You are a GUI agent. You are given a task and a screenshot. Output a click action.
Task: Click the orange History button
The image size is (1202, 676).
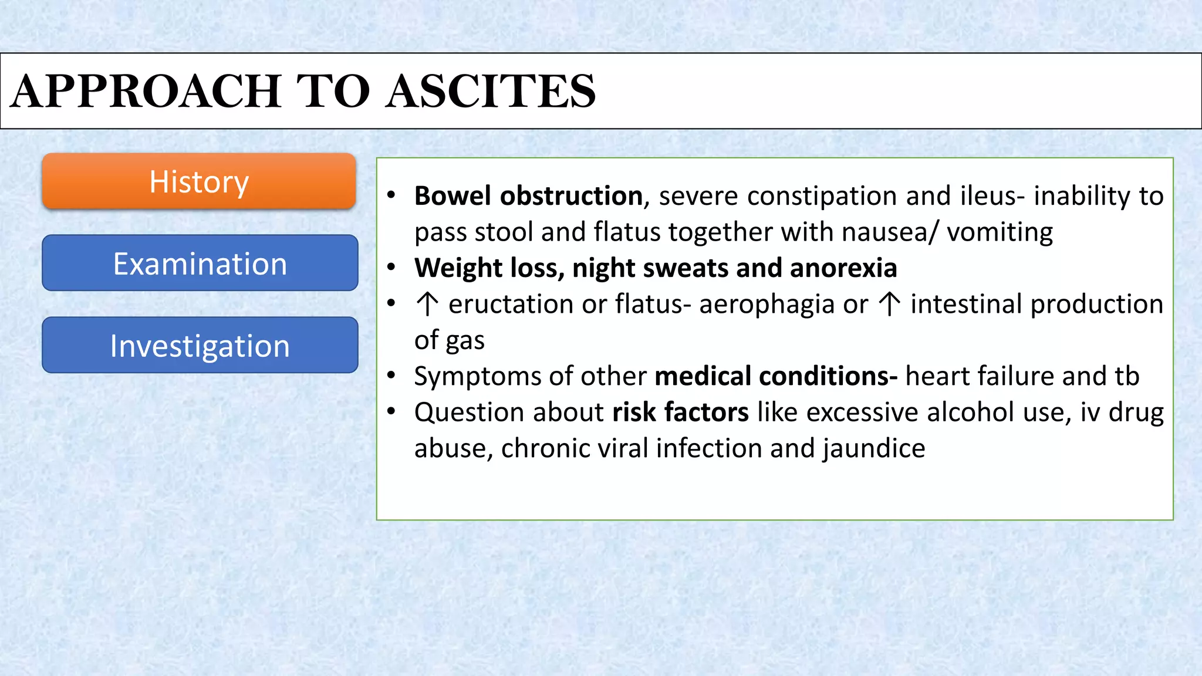tap(199, 181)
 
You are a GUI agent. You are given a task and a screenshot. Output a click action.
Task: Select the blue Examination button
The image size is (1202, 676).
tap(200, 263)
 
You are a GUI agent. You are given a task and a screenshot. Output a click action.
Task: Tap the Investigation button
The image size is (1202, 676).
tap(200, 345)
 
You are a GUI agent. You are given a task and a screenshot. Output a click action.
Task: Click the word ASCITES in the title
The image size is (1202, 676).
tap(491, 92)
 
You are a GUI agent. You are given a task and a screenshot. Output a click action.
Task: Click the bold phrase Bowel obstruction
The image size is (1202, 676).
tap(528, 196)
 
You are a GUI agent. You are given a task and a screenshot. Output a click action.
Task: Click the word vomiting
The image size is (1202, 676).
tap(1000, 232)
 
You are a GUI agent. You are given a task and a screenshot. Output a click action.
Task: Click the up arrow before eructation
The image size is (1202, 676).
tap(427, 304)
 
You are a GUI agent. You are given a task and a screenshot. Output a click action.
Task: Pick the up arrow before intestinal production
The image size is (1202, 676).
tap(890, 304)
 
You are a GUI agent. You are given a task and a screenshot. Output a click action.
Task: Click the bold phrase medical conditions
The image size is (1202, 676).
tap(775, 376)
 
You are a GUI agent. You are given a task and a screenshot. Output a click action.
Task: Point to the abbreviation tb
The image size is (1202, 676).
tap(1126, 376)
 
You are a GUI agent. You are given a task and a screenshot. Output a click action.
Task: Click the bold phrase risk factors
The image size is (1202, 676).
tap(680, 412)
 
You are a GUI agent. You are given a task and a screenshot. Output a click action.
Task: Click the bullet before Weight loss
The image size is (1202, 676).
tap(391, 268)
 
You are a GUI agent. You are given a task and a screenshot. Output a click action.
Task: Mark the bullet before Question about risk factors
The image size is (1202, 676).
tap(391, 411)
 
